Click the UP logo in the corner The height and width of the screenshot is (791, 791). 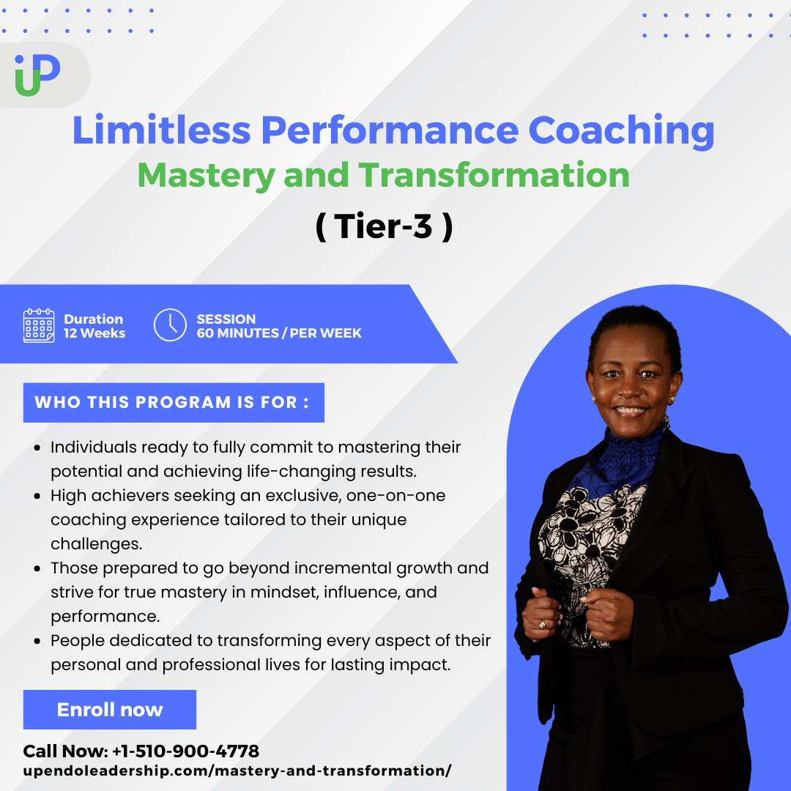tap(37, 75)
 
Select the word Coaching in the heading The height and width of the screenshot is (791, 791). tap(621, 130)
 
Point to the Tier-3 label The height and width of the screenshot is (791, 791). tap(385, 227)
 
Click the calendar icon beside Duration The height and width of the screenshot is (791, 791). tap(39, 326)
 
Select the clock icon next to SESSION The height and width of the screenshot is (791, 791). tap(170, 325)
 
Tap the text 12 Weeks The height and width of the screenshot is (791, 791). tap(94, 333)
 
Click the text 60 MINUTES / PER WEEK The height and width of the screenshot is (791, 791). tap(279, 333)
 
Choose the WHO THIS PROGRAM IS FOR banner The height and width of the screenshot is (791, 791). tap(174, 403)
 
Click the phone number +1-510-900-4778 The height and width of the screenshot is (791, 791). tap(185, 751)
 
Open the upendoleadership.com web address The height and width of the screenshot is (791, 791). tap(237, 771)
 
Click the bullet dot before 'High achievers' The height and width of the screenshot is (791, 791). tap(37, 496)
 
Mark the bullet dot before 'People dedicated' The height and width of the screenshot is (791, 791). tap(37, 641)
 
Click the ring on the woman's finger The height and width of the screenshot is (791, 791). tap(542, 624)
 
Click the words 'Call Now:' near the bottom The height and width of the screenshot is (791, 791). tap(65, 751)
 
